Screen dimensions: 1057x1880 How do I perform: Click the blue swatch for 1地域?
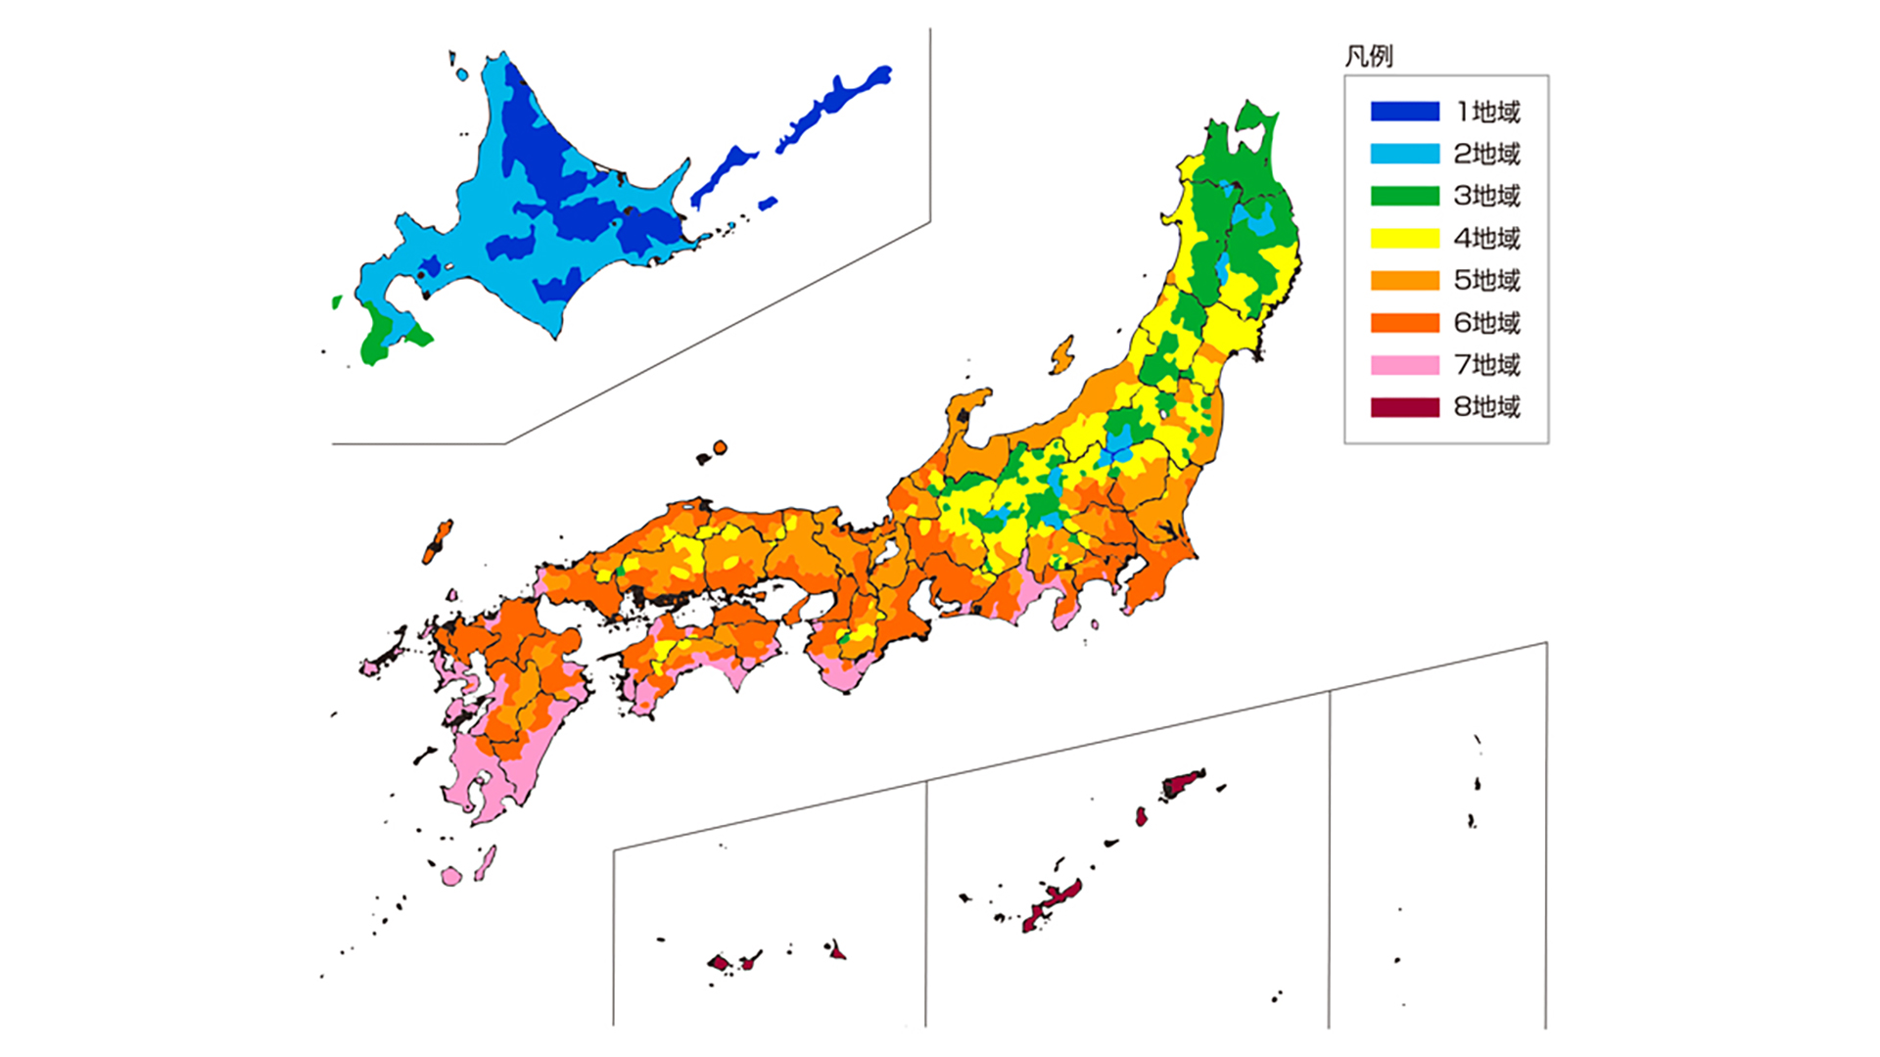click(x=1404, y=112)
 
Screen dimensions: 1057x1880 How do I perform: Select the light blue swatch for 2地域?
click(x=1404, y=154)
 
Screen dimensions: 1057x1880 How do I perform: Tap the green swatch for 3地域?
click(x=1404, y=196)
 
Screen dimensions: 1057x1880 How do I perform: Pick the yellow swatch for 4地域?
click(x=1404, y=238)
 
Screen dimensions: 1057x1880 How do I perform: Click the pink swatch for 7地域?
click(x=1404, y=365)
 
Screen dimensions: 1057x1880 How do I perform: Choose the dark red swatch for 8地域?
click(x=1404, y=407)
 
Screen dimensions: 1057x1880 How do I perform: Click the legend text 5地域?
click(x=1486, y=280)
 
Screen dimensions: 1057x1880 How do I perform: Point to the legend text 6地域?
click(x=1486, y=322)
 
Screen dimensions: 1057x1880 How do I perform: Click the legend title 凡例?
click(x=1368, y=56)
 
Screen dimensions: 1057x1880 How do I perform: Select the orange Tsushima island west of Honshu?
click(x=438, y=541)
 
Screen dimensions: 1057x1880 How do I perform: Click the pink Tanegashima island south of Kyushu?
click(x=485, y=864)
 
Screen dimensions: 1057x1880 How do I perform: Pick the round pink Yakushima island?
click(x=450, y=876)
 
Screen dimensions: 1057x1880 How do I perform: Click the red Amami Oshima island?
click(x=1183, y=782)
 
